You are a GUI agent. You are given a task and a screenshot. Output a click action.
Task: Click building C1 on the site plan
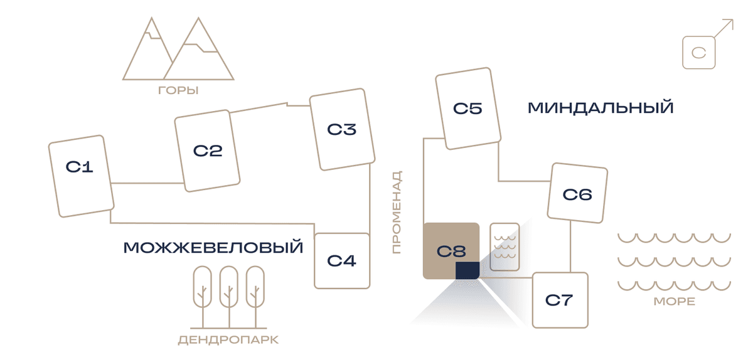[82, 176]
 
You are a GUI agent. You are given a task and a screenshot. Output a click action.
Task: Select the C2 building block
[207, 151]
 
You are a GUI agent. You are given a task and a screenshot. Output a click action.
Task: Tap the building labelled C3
[342, 129]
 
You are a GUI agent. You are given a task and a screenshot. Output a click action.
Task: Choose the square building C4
[342, 261]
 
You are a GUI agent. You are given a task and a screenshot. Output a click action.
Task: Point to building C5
[468, 109]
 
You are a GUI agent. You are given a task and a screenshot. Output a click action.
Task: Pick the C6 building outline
[577, 193]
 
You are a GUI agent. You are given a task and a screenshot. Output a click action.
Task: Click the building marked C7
[560, 300]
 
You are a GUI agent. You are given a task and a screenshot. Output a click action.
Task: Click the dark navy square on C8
[467, 270]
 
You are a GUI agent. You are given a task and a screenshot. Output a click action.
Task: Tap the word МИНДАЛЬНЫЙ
[601, 108]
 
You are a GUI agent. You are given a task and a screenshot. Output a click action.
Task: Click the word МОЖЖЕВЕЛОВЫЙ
[213, 248]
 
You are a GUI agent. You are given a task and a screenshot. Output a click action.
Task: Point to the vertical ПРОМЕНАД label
[397, 212]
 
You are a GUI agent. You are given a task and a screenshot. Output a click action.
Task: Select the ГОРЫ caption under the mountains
[178, 90]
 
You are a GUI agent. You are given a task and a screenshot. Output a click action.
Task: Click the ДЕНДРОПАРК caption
[228, 340]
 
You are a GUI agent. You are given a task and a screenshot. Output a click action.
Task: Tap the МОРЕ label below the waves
[675, 302]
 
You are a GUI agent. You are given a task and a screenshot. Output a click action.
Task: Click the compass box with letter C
[699, 53]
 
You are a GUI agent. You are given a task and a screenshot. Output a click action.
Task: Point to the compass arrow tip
[733, 19]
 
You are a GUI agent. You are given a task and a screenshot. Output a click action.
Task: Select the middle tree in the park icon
[229, 297]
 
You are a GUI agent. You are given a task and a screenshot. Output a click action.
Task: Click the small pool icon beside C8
[505, 247]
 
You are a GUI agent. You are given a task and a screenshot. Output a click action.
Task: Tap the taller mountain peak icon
[199, 49]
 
